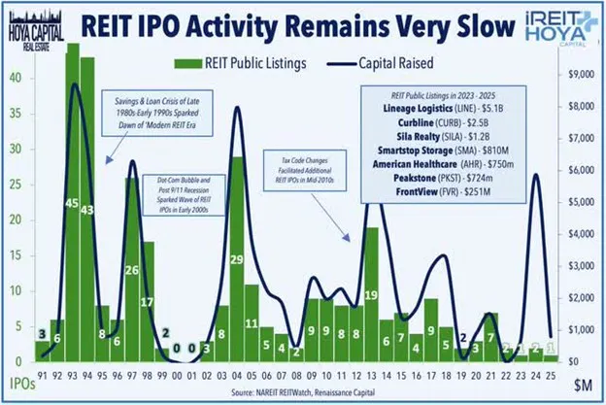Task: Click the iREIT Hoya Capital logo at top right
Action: click(x=555, y=23)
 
